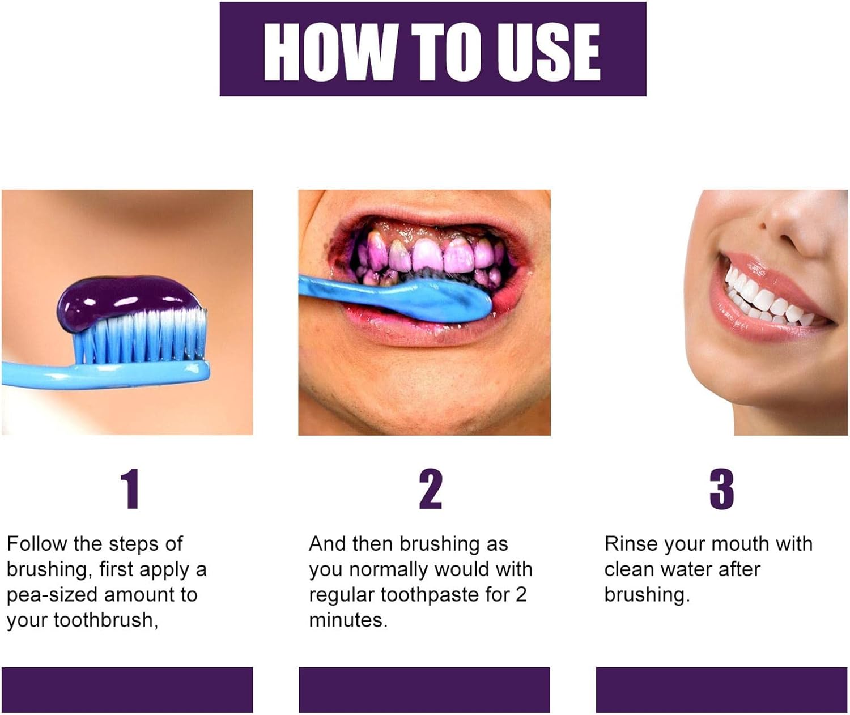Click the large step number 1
coord(130,489)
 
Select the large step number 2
coord(431,489)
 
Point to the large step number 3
coord(721,489)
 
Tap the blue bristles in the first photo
coord(142,337)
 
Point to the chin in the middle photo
coord(431,408)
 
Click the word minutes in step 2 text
coord(347,620)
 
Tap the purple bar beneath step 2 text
coord(424,690)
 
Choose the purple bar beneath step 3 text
coord(721,690)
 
